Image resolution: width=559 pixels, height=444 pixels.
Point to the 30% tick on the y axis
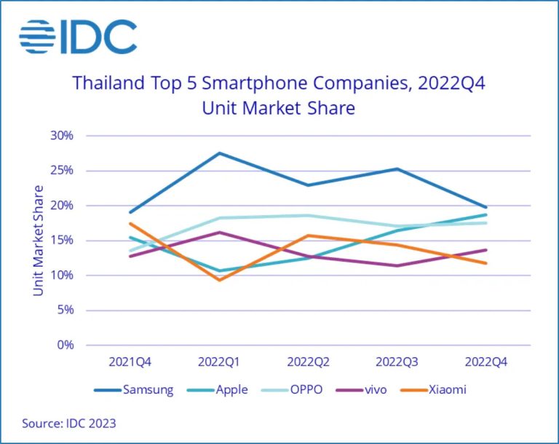pos(62,136)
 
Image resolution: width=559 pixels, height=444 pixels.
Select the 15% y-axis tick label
pos(62,241)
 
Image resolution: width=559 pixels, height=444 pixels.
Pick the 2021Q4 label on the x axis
pos(130,362)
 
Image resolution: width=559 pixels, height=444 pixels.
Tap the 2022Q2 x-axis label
pos(309,362)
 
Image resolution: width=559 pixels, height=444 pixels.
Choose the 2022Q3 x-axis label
pos(397,362)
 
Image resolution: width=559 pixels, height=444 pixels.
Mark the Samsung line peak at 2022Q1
pos(219,153)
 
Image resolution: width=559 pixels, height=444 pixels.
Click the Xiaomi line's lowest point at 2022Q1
pos(219,280)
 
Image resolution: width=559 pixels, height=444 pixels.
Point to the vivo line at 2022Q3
pos(397,265)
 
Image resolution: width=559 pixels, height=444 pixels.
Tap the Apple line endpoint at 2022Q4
pos(486,214)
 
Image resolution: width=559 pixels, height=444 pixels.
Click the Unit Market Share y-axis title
pos(39,240)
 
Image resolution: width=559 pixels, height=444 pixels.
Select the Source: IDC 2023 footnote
pos(68,423)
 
